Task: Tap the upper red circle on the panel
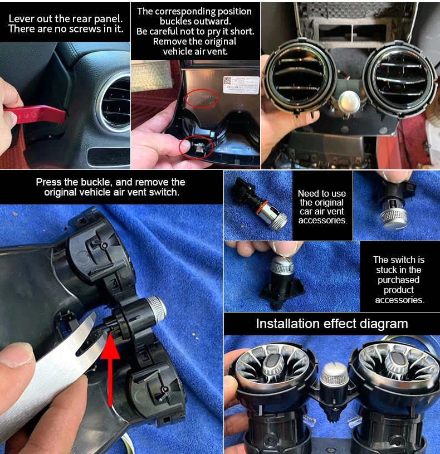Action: [202, 99]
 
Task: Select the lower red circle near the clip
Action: [196, 148]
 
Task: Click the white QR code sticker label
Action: [241, 85]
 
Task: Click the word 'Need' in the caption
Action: [308, 193]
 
